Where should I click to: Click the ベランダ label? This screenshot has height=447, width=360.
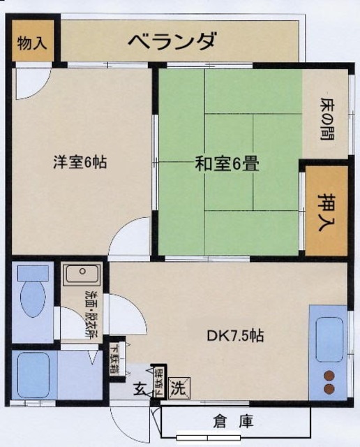point(172,41)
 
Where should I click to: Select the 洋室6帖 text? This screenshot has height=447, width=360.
point(80,163)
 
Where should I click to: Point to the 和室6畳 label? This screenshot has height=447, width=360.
point(227,166)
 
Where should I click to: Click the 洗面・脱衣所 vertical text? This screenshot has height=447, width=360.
point(91,313)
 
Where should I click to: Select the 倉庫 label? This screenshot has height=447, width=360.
point(234,422)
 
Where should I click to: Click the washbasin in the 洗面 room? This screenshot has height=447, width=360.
point(82,275)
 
